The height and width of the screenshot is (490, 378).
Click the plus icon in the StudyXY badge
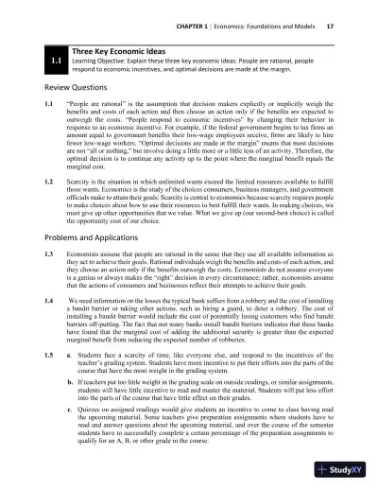click(x=322, y=469)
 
